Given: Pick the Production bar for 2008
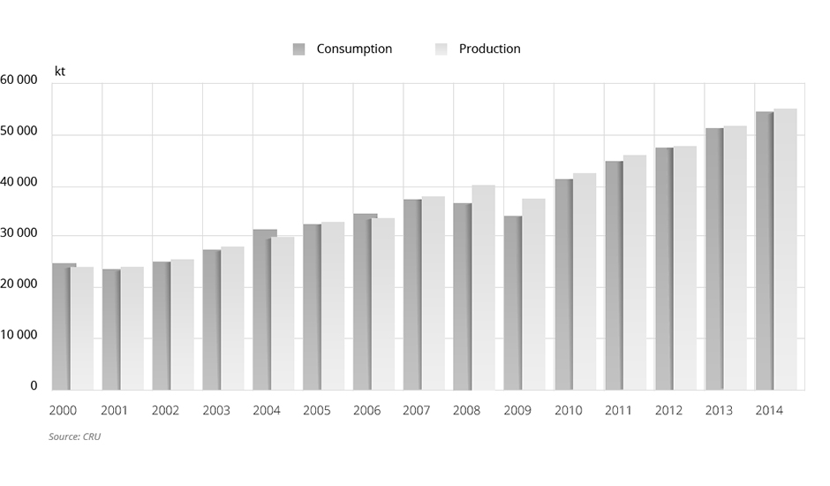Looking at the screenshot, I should (484, 287).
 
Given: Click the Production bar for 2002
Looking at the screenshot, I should (183, 324).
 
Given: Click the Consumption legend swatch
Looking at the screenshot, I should (298, 49).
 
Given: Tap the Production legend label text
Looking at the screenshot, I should (489, 49).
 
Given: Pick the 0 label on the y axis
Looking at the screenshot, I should (34, 386).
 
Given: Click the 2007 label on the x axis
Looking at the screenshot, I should (417, 411).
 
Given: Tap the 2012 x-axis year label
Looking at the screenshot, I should (668, 411).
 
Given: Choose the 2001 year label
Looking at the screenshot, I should (115, 411).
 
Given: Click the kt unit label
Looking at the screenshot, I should (60, 71).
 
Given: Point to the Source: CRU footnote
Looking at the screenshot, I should (74, 437).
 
